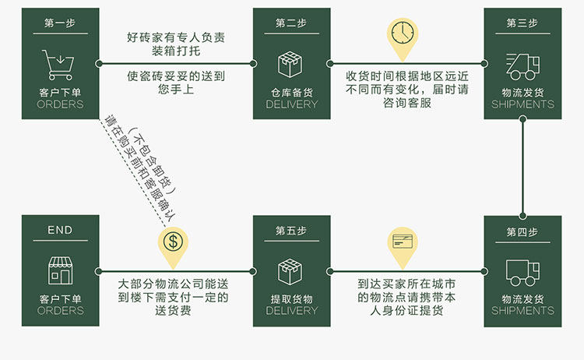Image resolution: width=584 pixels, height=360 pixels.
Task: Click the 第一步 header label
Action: tap(60, 23)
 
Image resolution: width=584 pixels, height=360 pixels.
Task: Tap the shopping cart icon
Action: tap(59, 61)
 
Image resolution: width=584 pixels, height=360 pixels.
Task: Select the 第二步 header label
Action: tap(291, 23)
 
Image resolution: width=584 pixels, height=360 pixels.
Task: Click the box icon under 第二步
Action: tap(291, 63)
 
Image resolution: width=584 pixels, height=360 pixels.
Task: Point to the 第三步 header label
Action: tap(522, 23)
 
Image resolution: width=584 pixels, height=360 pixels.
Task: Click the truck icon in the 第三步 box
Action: tap(522, 65)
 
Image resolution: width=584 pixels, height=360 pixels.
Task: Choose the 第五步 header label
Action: tap(291, 231)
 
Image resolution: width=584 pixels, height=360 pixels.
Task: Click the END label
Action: tap(60, 231)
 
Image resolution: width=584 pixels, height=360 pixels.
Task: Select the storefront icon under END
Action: tap(60, 270)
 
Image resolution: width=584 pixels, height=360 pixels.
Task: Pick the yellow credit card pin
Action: tap(403, 242)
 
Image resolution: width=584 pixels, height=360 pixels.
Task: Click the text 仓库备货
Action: tap(291, 93)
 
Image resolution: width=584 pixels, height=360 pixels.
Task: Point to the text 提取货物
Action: tap(291, 299)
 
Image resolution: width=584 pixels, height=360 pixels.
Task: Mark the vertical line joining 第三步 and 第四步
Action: tap(522, 168)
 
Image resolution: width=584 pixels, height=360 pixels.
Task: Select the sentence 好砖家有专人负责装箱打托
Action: tap(178, 44)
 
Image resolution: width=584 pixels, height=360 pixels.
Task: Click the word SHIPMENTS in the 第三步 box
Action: tap(522, 104)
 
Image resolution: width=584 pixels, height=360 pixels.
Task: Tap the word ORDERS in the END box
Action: tap(60, 311)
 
